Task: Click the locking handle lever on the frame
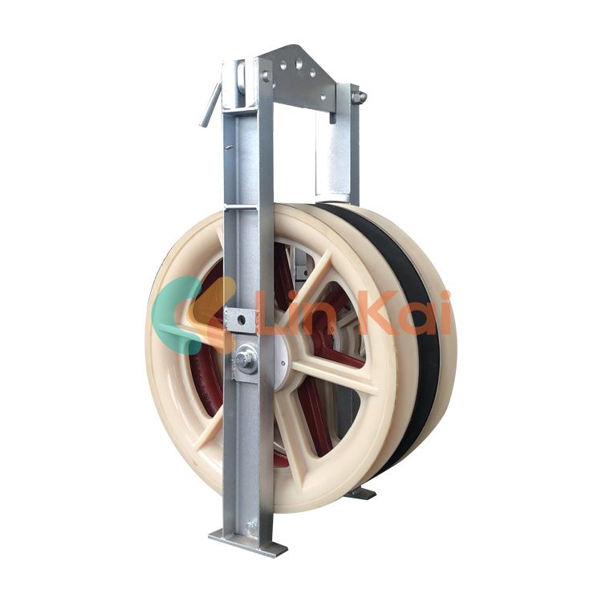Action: point(211,104)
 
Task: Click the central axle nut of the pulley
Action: point(246,359)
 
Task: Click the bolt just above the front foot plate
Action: point(251,526)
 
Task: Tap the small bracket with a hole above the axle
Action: point(238,320)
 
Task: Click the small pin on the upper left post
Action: point(230,147)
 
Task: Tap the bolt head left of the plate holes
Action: point(266,75)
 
